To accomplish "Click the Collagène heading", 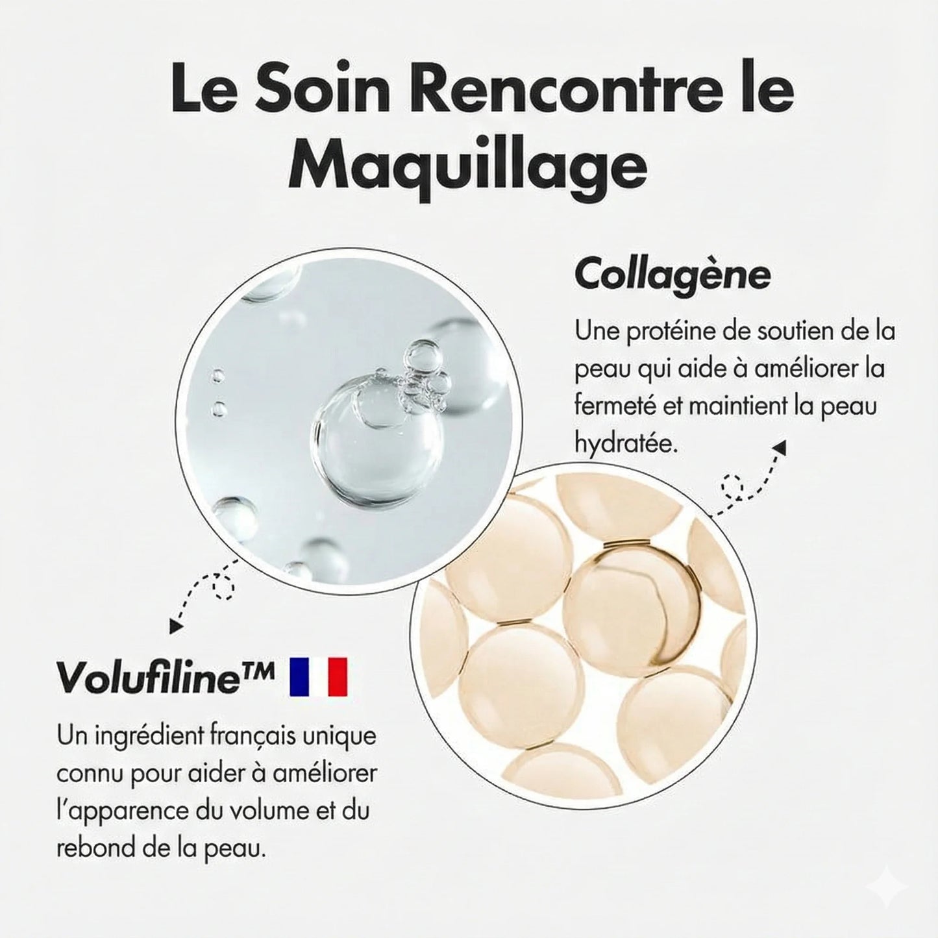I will point(673,275).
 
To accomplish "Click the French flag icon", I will point(319,676).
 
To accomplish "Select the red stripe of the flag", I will point(338,676).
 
